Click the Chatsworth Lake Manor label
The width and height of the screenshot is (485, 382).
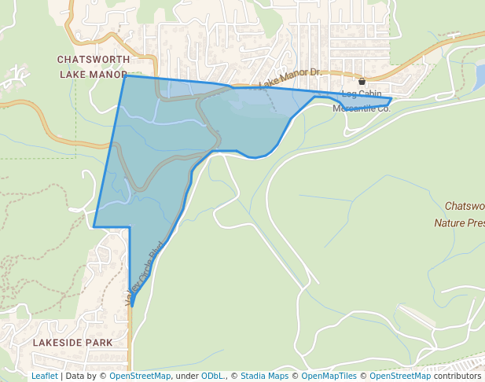tap(93, 67)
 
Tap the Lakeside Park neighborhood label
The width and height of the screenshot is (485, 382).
tap(72, 343)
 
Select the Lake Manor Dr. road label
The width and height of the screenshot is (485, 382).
tap(290, 77)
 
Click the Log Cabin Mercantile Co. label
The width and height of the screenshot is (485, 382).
tap(362, 101)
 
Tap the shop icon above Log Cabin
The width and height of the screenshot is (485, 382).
tap(362, 82)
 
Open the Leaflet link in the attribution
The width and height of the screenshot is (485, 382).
tap(44, 376)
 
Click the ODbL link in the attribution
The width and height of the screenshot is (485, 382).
tap(213, 376)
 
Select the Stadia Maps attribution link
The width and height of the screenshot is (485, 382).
tap(263, 376)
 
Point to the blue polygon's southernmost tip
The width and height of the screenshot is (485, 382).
tap(132, 306)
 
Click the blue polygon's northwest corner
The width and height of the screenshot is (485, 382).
tap(125, 75)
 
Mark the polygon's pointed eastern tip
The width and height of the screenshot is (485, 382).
tap(391, 99)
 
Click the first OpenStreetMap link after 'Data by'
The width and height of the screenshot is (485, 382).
tap(139, 376)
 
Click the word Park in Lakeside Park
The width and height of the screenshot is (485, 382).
tap(99, 343)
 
